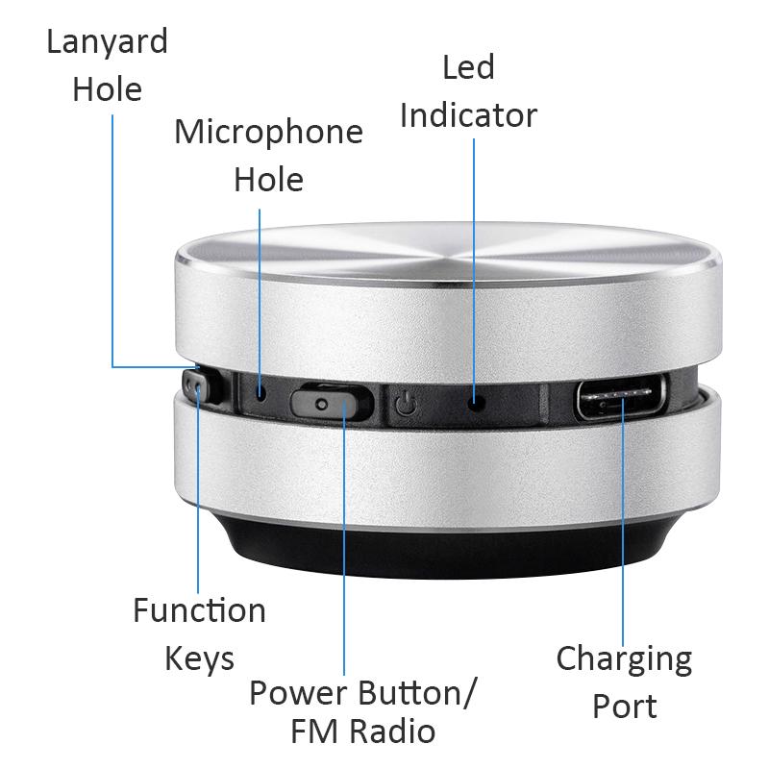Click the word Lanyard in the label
[108, 43]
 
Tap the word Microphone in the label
[268, 133]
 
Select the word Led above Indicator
[468, 68]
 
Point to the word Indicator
[468, 115]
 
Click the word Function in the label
[199, 610]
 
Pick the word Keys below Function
[199, 659]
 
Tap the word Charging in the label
[624, 659]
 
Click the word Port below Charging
[624, 707]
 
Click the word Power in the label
[299, 693]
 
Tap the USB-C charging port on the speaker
[620, 398]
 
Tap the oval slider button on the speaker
[330, 401]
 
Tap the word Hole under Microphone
[268, 180]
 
